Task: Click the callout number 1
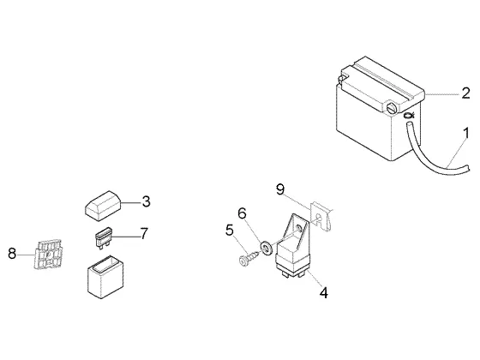pos(466,134)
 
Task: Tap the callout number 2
pos(465,93)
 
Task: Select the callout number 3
pos(147,201)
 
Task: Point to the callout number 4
pos(324,292)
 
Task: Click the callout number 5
pos(230,231)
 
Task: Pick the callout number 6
pos(242,213)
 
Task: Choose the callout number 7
pos(144,233)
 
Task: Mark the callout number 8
pos(12,254)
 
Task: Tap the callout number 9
pos(280,189)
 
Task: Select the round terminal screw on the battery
pos(392,108)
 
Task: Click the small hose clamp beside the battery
pos(409,116)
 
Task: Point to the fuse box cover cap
pos(103,206)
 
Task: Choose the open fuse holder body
pos(105,278)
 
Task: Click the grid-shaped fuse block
pos(47,254)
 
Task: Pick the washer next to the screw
pos(267,247)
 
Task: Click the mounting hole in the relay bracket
pos(300,227)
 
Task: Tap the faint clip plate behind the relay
pos(321,216)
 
